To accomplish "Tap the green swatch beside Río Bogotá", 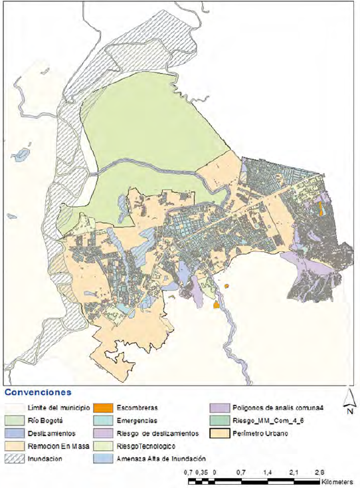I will pos(14,420).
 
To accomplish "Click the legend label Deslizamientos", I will pos(51,433).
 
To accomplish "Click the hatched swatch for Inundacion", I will pos(14,458).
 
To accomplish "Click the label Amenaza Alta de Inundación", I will pos(159,459).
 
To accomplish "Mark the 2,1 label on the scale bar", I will pos(293,471).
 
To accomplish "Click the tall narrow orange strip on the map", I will pos(321,209).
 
